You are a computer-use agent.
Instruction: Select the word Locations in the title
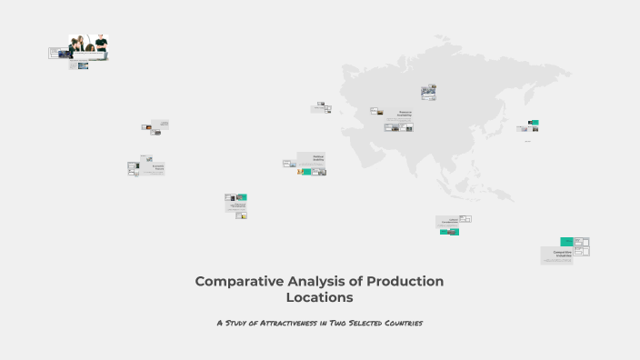(319, 297)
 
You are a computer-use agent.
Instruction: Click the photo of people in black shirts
(89, 45)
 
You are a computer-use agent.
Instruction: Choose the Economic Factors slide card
(156, 167)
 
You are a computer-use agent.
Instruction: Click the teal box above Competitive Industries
(566, 241)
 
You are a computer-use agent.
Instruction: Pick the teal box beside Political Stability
(307, 171)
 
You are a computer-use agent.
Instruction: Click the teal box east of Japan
(534, 122)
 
